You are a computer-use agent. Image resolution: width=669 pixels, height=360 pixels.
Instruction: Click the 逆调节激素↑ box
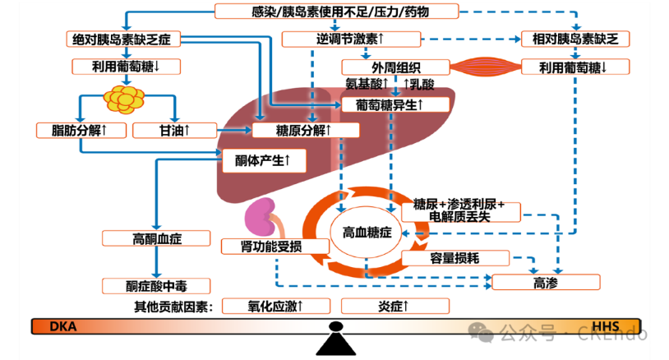[351, 39]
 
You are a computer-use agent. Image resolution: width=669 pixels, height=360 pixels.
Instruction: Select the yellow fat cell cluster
[127, 98]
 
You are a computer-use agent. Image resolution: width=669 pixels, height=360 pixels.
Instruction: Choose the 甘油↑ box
[174, 130]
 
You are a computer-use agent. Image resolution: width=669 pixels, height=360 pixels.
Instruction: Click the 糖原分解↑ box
[305, 130]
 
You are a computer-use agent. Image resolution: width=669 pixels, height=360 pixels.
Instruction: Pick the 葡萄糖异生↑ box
[395, 104]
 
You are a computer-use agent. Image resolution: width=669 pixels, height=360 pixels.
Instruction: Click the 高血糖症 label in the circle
[366, 233]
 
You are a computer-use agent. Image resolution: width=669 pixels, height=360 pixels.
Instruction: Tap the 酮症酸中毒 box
[156, 286]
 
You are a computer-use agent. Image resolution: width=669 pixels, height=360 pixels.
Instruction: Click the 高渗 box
[546, 283]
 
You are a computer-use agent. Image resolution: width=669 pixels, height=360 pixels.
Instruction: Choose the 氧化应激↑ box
[276, 306]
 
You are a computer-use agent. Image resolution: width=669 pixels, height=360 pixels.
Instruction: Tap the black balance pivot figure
[334, 339]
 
